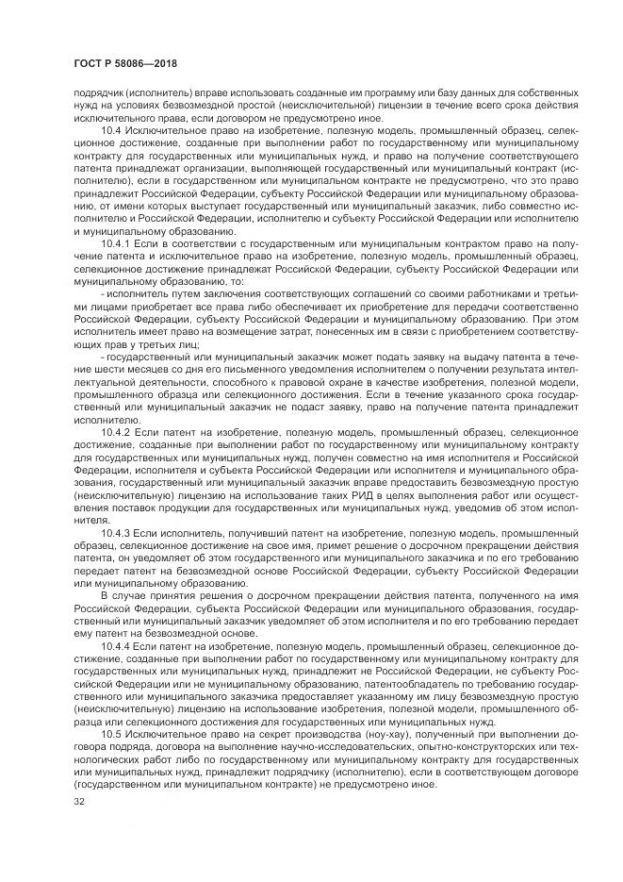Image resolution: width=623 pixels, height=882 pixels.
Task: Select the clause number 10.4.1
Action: [116, 243]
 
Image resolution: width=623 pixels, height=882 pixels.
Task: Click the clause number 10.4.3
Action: [116, 533]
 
